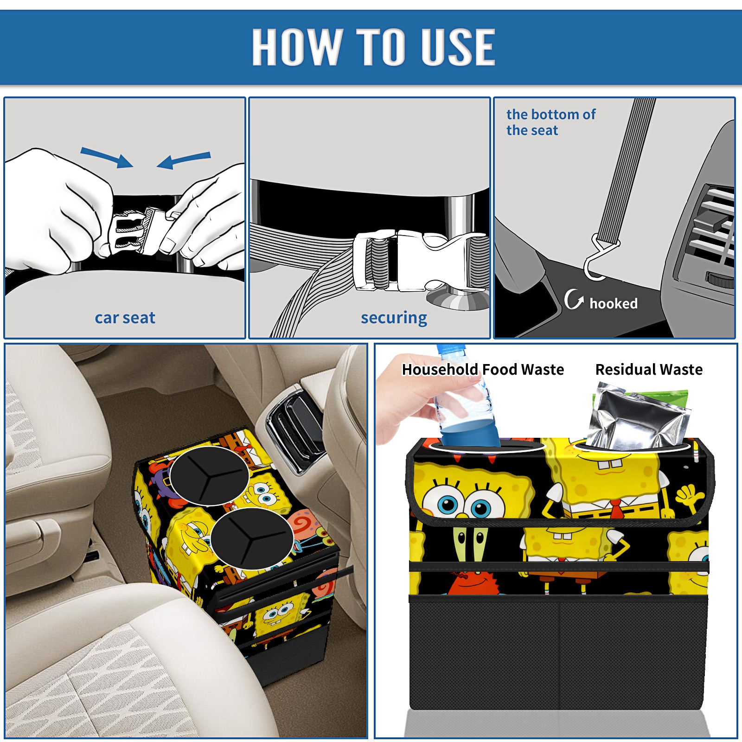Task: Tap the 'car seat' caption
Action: point(125,318)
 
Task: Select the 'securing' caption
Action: point(394,318)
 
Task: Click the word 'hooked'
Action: point(614,303)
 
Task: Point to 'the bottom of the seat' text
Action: point(551,122)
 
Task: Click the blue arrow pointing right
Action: point(107,157)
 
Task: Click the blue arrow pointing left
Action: point(184,160)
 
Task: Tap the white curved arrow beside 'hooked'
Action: point(573,299)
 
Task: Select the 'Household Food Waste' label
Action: point(483,370)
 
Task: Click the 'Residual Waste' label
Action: point(649,370)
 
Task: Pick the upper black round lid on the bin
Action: point(210,475)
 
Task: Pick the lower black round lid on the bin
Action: point(252,538)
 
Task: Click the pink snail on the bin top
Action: point(308,528)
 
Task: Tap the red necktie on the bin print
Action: point(616,510)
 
